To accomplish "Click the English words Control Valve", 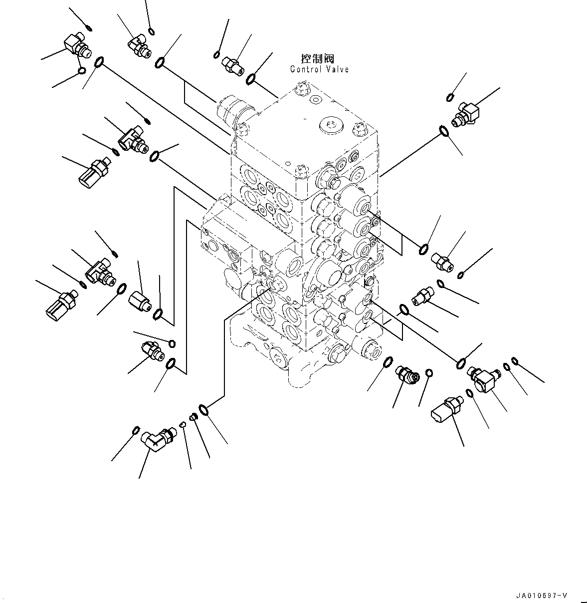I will pos(319,69).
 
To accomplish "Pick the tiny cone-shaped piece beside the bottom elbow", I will pos(183,425).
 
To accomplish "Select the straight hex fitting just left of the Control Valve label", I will pos(233,65).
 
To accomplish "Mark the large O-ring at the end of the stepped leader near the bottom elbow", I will pos(203,410).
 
